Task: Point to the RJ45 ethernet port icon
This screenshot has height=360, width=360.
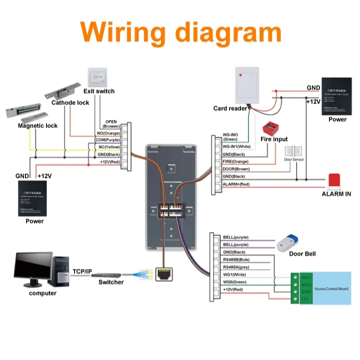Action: tap(164, 273)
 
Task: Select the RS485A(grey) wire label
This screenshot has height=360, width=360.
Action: tap(237, 267)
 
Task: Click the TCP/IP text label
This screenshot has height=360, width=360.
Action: tap(82, 271)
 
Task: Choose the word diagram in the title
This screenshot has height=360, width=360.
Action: tap(224, 31)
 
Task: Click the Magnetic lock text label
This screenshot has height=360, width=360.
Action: tap(37, 125)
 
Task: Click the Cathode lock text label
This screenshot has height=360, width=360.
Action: tap(70, 102)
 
